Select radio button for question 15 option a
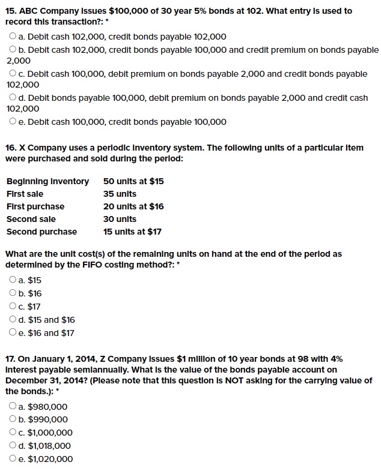[x=13, y=37]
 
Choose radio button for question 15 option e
[x=13, y=122]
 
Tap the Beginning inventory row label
[x=47, y=181]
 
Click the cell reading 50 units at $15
[x=133, y=181]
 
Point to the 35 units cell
[x=120, y=194]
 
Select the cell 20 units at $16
[x=133, y=206]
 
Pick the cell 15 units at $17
[x=132, y=232]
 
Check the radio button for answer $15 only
[x=13, y=280]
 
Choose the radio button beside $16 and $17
[x=13, y=333]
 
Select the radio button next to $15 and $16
[x=13, y=320]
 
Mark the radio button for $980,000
[x=13, y=406]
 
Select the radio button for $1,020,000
[x=13, y=459]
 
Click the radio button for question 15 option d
[x=13, y=98]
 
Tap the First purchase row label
[x=35, y=206]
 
